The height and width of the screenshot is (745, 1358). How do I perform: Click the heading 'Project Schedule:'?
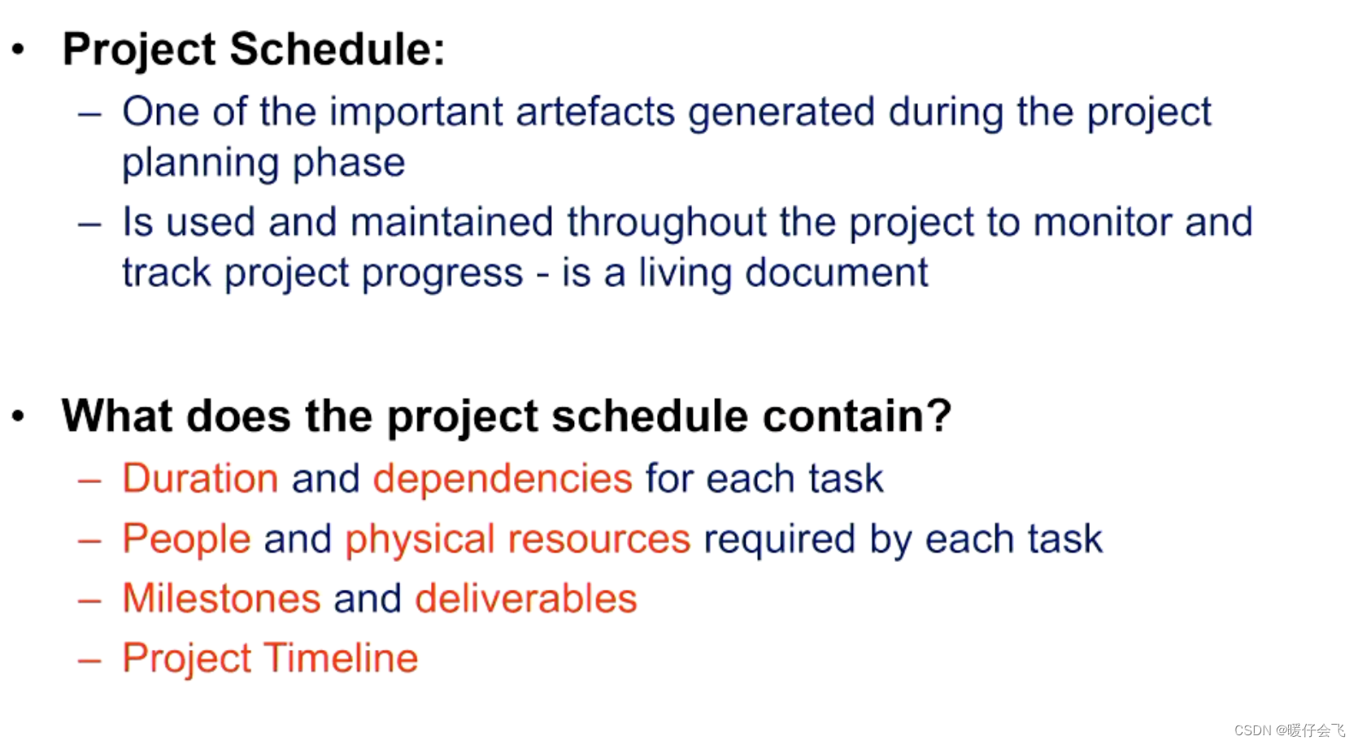[x=254, y=49]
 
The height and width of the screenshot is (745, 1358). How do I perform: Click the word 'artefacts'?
[x=594, y=111]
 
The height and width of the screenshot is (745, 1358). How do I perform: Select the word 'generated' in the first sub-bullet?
[x=781, y=111]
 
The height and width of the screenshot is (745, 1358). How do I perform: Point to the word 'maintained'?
[x=451, y=222]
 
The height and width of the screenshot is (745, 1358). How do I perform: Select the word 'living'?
[x=685, y=272]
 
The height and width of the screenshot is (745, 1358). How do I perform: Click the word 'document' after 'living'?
[x=836, y=272]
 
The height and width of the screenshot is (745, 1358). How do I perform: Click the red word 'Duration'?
[x=200, y=478]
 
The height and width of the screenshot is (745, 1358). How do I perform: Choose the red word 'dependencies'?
[x=503, y=478]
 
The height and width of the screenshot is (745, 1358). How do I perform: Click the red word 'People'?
[x=186, y=539]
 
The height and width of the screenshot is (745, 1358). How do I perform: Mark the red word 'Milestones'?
[x=221, y=599]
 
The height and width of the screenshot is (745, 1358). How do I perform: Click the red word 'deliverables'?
[x=525, y=599]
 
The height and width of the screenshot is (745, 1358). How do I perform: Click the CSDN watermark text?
[x=1289, y=730]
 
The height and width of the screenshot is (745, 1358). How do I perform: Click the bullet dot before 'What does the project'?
[x=19, y=416]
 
